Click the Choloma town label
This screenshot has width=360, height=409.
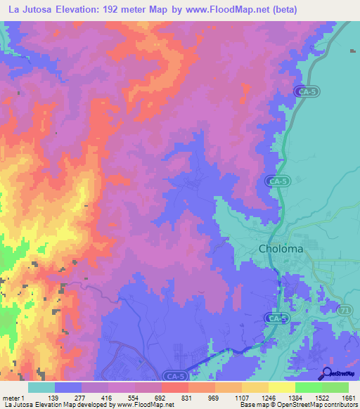281,249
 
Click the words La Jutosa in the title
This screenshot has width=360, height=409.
36,10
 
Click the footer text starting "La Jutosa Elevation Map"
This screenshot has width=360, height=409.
89,405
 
